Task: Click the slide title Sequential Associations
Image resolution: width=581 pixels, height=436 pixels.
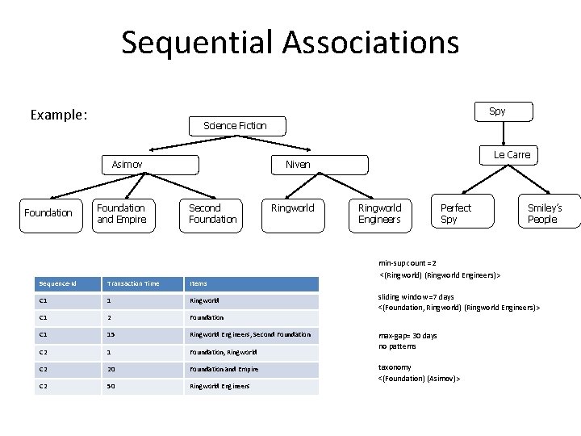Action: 290,42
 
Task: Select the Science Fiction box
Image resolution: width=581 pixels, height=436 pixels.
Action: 235,125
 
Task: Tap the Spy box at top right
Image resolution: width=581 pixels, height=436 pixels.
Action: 497,111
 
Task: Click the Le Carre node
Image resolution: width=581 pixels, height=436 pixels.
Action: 512,154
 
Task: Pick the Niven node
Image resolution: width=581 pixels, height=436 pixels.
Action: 298,164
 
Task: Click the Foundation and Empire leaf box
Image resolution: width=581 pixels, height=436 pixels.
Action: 122,213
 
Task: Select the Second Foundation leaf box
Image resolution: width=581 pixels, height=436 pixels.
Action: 212,213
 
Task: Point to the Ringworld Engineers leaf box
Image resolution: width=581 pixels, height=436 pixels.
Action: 379,213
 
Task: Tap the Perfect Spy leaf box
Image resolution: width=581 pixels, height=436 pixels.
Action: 455,213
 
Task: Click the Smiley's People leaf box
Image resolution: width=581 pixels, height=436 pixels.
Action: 544,213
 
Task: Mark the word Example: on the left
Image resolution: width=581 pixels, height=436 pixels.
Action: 58,115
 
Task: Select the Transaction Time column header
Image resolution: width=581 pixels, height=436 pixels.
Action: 133,283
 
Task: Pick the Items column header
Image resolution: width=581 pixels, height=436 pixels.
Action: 199,283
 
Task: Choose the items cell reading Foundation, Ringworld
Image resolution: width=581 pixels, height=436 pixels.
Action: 223,352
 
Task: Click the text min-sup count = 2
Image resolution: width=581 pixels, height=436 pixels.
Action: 408,263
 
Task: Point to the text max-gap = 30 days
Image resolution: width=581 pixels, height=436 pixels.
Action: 408,335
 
